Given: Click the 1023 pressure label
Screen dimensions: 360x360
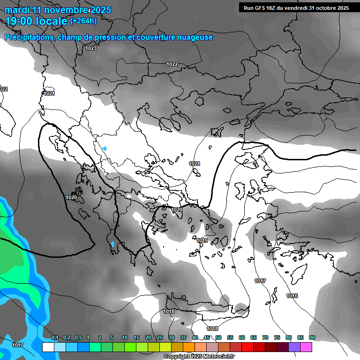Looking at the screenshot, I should pyautogui.click(x=91, y=48).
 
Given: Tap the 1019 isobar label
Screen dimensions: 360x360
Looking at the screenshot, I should pyautogui.click(x=202, y=240).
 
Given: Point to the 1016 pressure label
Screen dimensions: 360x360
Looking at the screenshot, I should pyautogui.click(x=292, y=296).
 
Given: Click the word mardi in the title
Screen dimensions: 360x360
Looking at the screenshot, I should pyautogui.click(x=17, y=10).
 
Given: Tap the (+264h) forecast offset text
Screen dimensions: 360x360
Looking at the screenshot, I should pyautogui.click(x=83, y=21).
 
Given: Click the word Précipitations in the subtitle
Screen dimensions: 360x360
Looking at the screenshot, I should pyautogui.click(x=29, y=37).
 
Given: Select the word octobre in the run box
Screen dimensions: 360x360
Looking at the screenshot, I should pyautogui.click(x=324, y=8).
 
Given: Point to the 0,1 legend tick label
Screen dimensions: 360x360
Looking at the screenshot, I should pyautogui.click(x=55, y=338).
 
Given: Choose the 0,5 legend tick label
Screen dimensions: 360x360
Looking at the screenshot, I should pyautogui.click(x=78, y=338).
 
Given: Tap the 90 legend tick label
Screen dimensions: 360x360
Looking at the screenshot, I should pyautogui.click(x=312, y=338).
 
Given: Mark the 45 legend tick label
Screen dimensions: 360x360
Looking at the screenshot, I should pyautogui.click(x=207, y=338).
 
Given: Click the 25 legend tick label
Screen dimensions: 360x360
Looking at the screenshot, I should pyautogui.click(x=160, y=338).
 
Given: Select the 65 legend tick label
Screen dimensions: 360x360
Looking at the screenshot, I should pyautogui.click(x=254, y=338).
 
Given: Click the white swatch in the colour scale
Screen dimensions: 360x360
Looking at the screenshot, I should pyautogui.click(x=48, y=347).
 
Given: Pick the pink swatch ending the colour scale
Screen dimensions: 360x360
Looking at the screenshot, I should pyautogui.click(x=306, y=347).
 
